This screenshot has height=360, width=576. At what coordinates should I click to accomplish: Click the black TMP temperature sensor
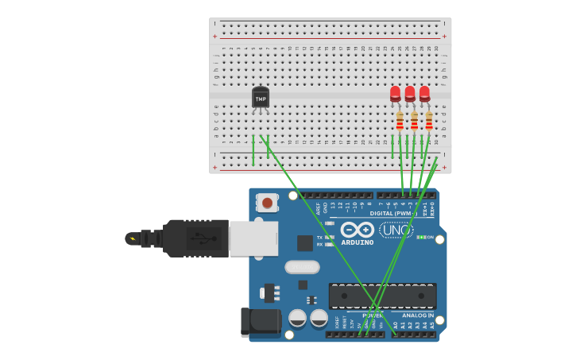[x=261, y=98]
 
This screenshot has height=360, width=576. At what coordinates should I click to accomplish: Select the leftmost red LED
[x=395, y=94]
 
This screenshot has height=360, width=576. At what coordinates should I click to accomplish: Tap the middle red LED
[x=410, y=94]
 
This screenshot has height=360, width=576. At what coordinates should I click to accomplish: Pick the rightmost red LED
[x=424, y=94]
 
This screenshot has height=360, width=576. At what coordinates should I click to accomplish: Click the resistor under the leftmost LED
[x=400, y=120]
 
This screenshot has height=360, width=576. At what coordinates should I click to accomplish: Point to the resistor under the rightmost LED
[x=429, y=120]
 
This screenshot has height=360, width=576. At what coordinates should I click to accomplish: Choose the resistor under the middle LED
[x=414, y=120]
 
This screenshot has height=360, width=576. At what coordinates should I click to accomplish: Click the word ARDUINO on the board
[x=358, y=242]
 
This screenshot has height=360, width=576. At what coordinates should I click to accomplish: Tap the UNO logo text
[x=396, y=230]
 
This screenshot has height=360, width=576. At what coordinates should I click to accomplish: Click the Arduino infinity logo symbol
[x=358, y=230]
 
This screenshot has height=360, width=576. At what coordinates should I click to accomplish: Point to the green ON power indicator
[x=422, y=237]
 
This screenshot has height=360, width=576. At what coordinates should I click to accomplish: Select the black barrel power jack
[x=261, y=322]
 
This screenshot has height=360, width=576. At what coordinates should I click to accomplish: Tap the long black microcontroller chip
[x=382, y=296]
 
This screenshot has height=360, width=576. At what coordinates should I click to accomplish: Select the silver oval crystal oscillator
[x=302, y=267]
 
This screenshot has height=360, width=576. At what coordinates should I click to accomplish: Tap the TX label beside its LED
[x=319, y=237]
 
